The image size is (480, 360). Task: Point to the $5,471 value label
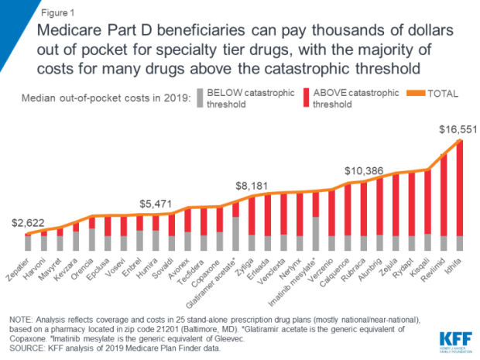point(156,204)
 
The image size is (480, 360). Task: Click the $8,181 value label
point(253,187)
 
